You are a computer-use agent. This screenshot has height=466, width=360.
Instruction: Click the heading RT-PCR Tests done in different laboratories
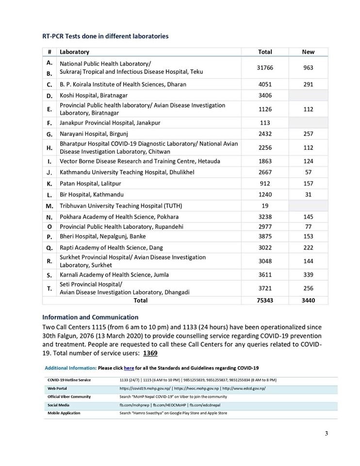click(x=105, y=35)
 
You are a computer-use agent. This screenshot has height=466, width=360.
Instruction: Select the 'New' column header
click(x=308, y=52)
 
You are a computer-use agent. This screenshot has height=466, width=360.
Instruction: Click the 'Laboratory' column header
click(x=74, y=52)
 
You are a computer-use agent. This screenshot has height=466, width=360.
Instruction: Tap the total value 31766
click(x=265, y=67)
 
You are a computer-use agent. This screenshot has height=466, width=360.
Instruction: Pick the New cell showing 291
click(x=308, y=84)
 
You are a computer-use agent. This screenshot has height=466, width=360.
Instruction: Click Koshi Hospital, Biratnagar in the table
click(x=94, y=95)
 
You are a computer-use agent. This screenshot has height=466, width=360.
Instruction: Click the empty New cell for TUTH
click(x=308, y=206)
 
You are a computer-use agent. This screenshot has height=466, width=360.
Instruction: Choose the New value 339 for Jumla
click(x=308, y=275)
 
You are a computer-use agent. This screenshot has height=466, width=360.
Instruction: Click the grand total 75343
click(x=265, y=300)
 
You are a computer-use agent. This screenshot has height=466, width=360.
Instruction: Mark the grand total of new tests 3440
click(x=308, y=300)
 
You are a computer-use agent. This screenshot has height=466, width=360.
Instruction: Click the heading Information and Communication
click(x=90, y=318)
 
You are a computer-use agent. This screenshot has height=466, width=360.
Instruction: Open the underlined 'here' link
click(x=129, y=368)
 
